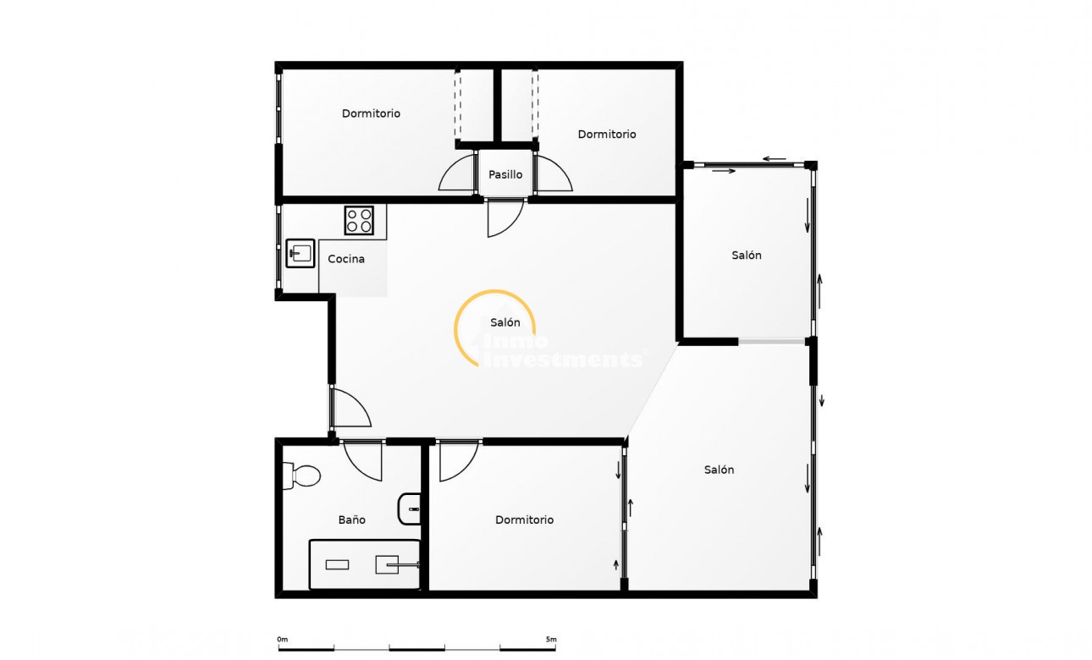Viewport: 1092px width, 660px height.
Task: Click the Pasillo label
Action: tap(505, 174)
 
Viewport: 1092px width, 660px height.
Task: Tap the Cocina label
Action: tap(346, 259)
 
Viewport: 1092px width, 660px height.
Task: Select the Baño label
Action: tap(351, 520)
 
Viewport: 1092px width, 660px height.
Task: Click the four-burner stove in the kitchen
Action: tap(359, 221)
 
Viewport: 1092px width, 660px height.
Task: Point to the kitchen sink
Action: tap(300, 252)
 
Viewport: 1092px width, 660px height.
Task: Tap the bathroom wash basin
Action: tap(409, 509)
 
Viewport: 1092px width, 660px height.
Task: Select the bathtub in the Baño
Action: tap(365, 564)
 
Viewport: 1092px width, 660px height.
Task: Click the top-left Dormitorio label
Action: tap(371, 113)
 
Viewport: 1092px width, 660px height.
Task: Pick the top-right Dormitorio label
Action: tap(607, 134)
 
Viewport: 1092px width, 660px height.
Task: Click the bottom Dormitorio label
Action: tap(524, 520)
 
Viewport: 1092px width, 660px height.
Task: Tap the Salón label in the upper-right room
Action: tap(747, 255)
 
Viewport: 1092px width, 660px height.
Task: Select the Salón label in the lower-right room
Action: tap(719, 470)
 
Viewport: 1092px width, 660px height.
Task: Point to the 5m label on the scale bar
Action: tap(550, 639)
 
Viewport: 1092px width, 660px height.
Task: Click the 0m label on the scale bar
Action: tap(283, 639)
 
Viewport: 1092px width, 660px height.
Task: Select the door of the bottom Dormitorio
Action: tap(457, 461)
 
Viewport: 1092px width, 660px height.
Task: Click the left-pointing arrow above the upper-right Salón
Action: tap(772, 158)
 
